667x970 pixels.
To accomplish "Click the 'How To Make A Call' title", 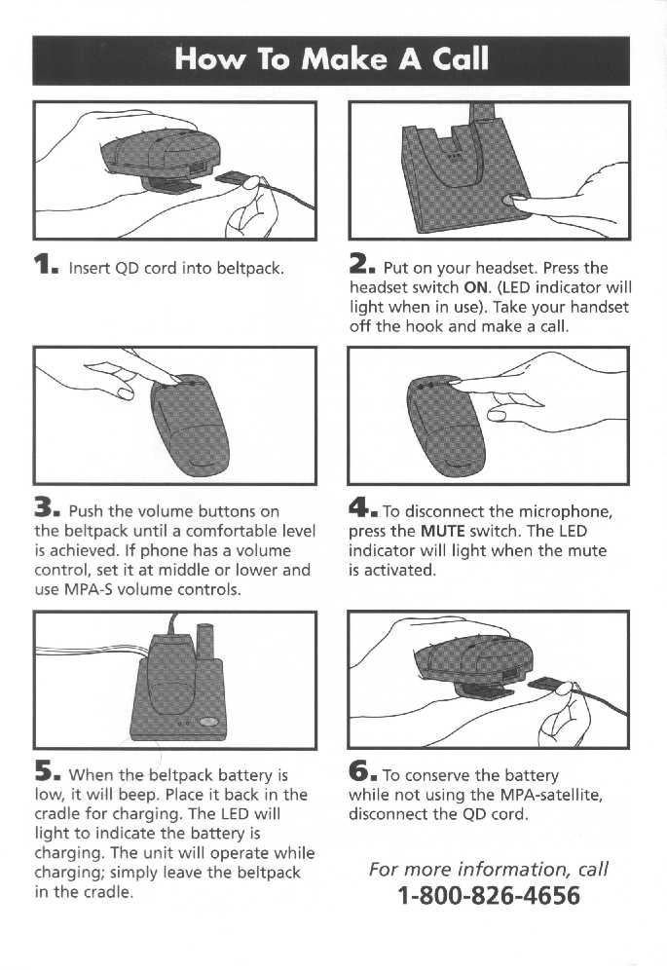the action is [x=331, y=59].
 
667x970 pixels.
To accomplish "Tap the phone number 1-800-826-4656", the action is [x=489, y=895].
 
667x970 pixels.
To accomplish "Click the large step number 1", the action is [x=46, y=266].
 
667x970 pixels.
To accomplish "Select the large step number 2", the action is [x=361, y=266].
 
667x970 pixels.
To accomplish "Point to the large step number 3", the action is [x=47, y=509].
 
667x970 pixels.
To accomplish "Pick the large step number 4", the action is [x=362, y=509].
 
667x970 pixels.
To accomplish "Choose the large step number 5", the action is [x=47, y=773].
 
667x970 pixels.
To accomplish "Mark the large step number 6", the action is [x=362, y=772].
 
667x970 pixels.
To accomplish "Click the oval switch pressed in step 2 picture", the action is [x=512, y=200].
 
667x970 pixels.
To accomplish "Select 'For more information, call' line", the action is [x=489, y=869].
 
